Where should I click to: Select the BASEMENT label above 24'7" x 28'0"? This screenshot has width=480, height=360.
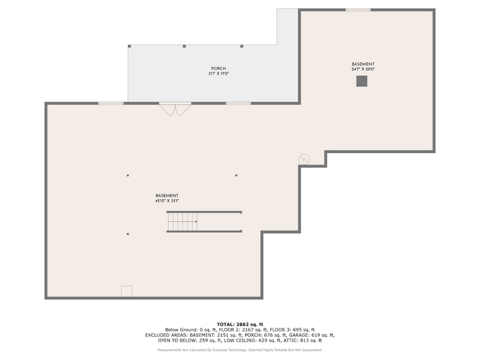(x=363, y=64)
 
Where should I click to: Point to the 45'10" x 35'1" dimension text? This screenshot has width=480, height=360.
(x=167, y=201)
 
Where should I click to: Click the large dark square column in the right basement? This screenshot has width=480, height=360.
(x=362, y=81)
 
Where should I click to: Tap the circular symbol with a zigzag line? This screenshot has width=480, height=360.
(x=304, y=159)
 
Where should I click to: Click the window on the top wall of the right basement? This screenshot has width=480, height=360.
(x=358, y=10)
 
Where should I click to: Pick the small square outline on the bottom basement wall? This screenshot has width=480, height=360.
(x=127, y=291)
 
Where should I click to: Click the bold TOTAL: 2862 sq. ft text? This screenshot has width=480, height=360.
(x=240, y=324)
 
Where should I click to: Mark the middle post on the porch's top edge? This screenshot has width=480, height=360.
(x=184, y=46)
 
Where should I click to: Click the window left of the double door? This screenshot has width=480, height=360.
(x=110, y=103)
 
